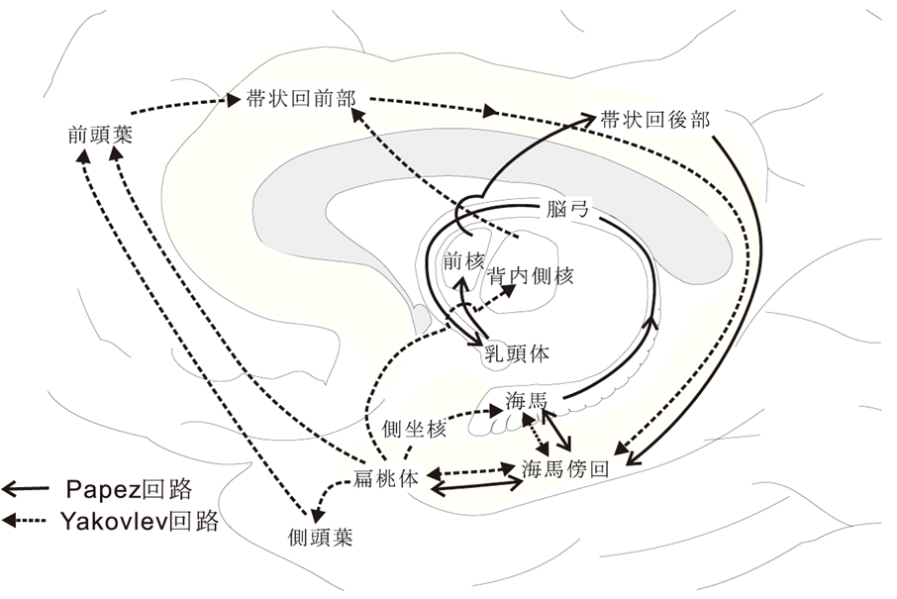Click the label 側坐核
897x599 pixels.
click(413, 429)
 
